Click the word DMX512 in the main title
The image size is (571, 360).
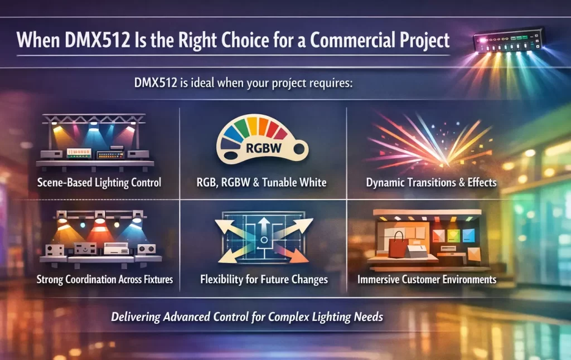click(x=97, y=40)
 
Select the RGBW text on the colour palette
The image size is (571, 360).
click(x=264, y=148)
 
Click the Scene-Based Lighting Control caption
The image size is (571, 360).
click(x=99, y=182)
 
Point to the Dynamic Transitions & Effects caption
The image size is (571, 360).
click(x=431, y=182)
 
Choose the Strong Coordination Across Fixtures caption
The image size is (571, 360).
click(x=104, y=279)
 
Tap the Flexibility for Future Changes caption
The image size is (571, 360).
click(x=264, y=280)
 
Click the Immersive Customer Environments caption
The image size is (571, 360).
click(x=427, y=280)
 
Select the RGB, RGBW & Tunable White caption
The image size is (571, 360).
click(x=262, y=182)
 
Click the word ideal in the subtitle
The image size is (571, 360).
click(x=202, y=83)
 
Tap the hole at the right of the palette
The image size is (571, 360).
click(x=299, y=148)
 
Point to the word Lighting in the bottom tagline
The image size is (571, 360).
click(x=332, y=317)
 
